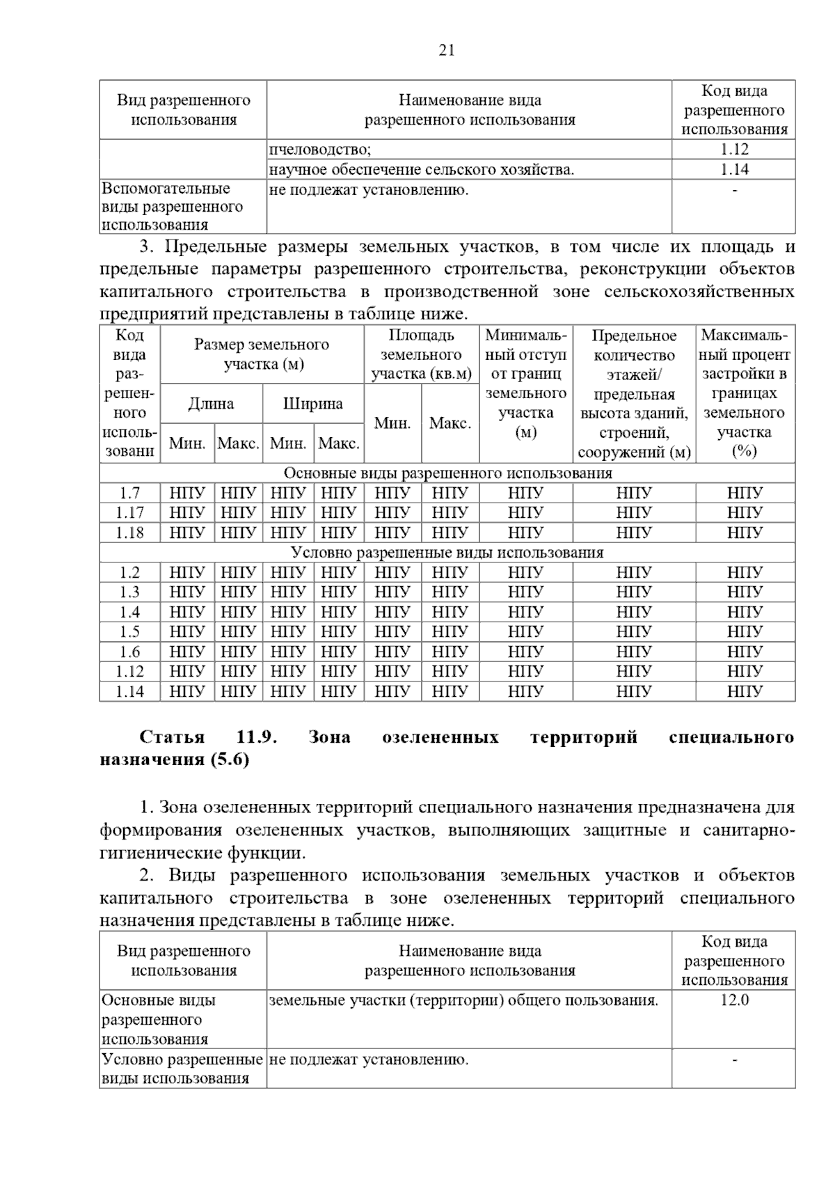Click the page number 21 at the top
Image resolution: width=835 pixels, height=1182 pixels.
pyautogui.click(x=447, y=50)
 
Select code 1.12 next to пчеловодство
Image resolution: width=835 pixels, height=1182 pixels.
pyautogui.click(x=734, y=149)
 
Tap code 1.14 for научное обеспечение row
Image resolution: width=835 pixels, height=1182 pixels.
pyautogui.click(x=734, y=169)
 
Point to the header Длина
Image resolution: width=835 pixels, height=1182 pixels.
pyautogui.click(x=211, y=404)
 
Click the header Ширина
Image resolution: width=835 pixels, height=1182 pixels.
pyautogui.click(x=312, y=404)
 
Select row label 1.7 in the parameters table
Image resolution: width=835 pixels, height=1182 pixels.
pyautogui.click(x=129, y=493)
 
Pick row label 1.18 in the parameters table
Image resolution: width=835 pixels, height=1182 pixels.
pyautogui.click(x=129, y=533)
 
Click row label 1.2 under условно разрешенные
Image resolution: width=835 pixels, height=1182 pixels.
pyautogui.click(x=129, y=572)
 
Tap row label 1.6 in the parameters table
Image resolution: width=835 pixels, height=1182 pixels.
pyautogui.click(x=129, y=652)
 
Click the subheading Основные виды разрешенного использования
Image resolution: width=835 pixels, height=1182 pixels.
pyautogui.click(x=447, y=473)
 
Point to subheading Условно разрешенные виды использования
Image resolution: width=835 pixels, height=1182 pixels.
pyautogui.click(x=447, y=553)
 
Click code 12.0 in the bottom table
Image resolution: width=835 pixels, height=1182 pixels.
pyautogui.click(x=734, y=1000)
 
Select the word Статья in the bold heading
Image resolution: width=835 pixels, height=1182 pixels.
pyautogui.click(x=172, y=737)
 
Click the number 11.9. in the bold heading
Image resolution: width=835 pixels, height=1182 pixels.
pyautogui.click(x=257, y=737)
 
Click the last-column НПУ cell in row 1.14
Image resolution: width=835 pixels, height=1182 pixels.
pyautogui.click(x=745, y=691)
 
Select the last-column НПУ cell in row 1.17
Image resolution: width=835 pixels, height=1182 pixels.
pyautogui.click(x=745, y=513)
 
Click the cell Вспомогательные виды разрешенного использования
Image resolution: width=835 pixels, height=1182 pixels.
pyautogui.click(x=173, y=207)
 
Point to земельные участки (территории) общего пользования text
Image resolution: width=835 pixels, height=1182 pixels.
pyautogui.click(x=463, y=1000)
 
